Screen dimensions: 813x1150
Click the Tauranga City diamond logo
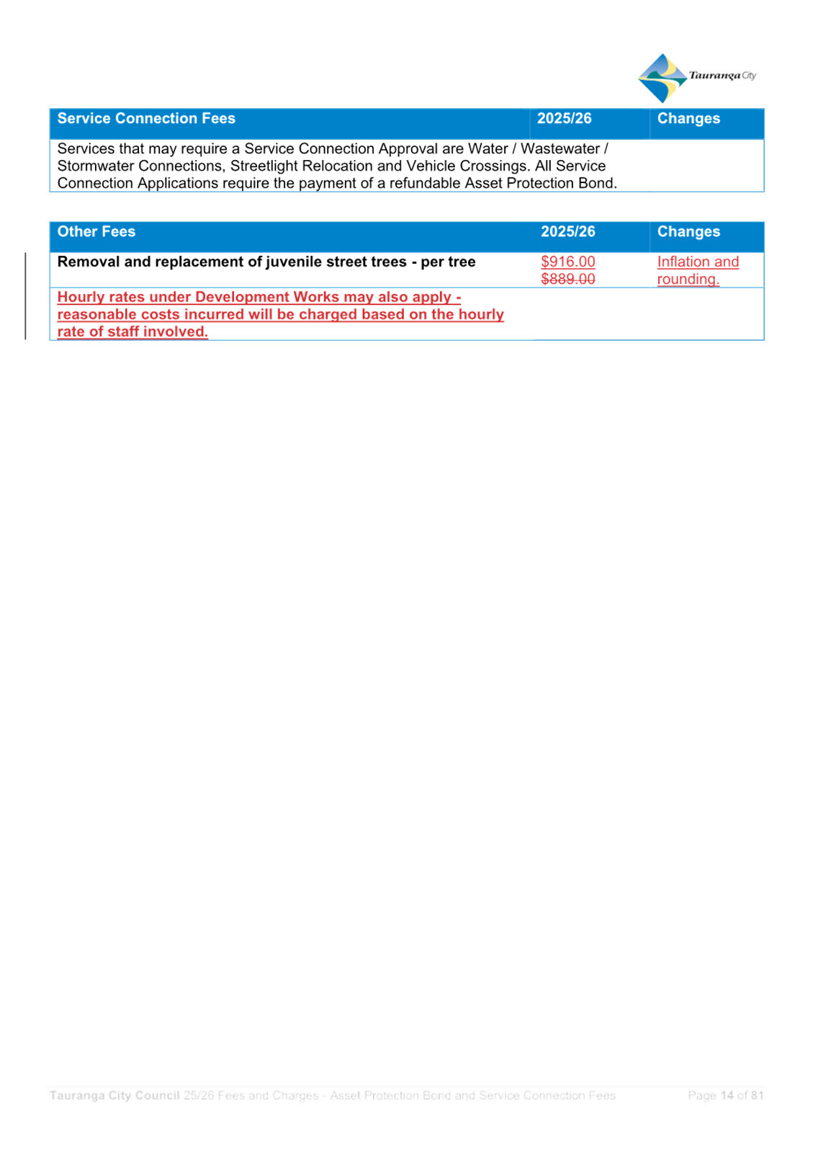click(662, 78)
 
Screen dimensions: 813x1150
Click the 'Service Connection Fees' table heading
click(146, 119)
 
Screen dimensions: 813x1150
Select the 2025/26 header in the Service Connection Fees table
click(565, 119)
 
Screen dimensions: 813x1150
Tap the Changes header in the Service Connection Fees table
click(688, 119)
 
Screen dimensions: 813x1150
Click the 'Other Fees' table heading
click(96, 231)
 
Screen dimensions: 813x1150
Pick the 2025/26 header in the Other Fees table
click(568, 231)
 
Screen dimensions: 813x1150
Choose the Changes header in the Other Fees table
click(688, 232)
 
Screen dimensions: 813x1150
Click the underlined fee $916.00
click(568, 262)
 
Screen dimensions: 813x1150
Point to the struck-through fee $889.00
click(568, 280)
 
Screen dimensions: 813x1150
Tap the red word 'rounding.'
click(688, 280)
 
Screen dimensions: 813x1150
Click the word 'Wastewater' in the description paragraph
click(561, 149)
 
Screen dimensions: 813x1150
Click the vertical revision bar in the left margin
click(25, 296)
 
